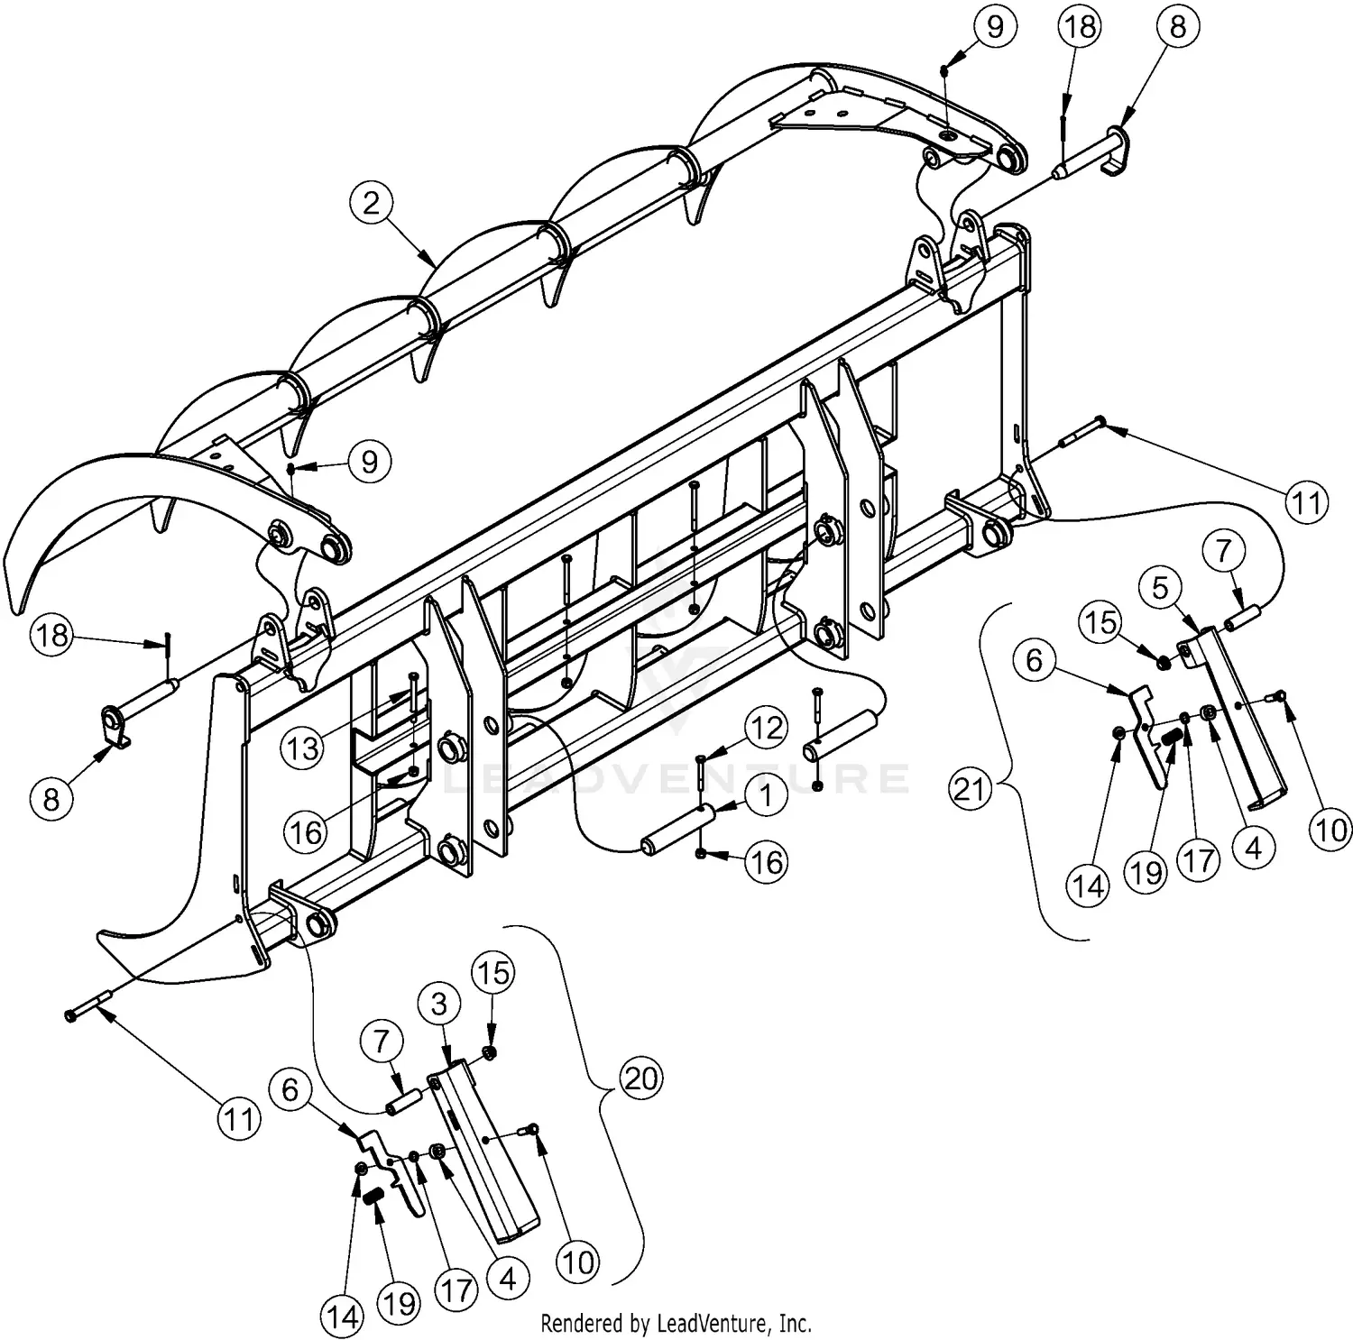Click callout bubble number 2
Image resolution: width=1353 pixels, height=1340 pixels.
(x=373, y=204)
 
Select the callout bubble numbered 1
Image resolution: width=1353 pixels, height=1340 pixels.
(x=766, y=796)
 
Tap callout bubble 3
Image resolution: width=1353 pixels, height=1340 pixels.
(x=439, y=1004)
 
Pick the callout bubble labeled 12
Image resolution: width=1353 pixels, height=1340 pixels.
(x=766, y=727)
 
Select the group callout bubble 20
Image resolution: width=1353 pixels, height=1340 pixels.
(x=641, y=1077)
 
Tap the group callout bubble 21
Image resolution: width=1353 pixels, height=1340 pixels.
(x=971, y=790)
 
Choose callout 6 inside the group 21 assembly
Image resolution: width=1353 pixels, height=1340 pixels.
(x=1034, y=660)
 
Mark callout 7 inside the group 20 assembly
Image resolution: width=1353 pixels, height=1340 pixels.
(x=382, y=1042)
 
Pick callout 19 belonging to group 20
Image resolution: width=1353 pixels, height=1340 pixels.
(x=400, y=1303)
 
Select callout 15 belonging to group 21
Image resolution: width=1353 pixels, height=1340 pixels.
(x=1101, y=622)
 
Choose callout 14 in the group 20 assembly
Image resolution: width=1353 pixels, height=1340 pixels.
(x=342, y=1317)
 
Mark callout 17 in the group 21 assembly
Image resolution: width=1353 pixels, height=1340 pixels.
(x=1199, y=860)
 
